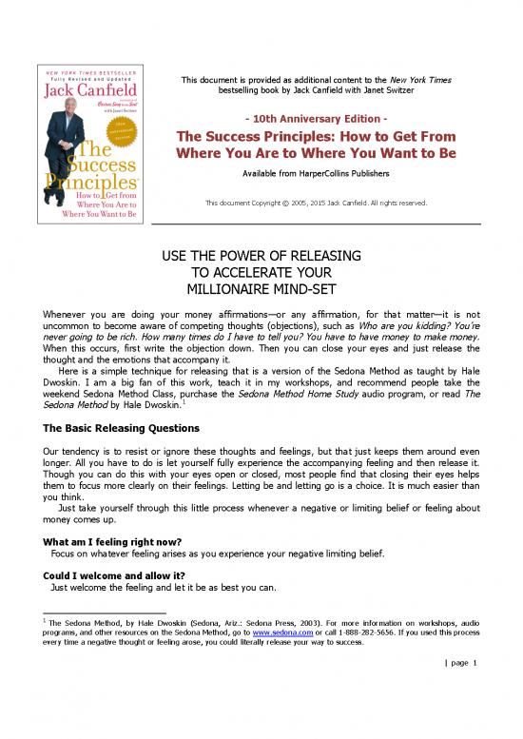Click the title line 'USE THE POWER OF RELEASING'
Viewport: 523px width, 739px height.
click(x=261, y=258)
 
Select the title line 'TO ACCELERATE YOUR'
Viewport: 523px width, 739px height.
click(x=261, y=273)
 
